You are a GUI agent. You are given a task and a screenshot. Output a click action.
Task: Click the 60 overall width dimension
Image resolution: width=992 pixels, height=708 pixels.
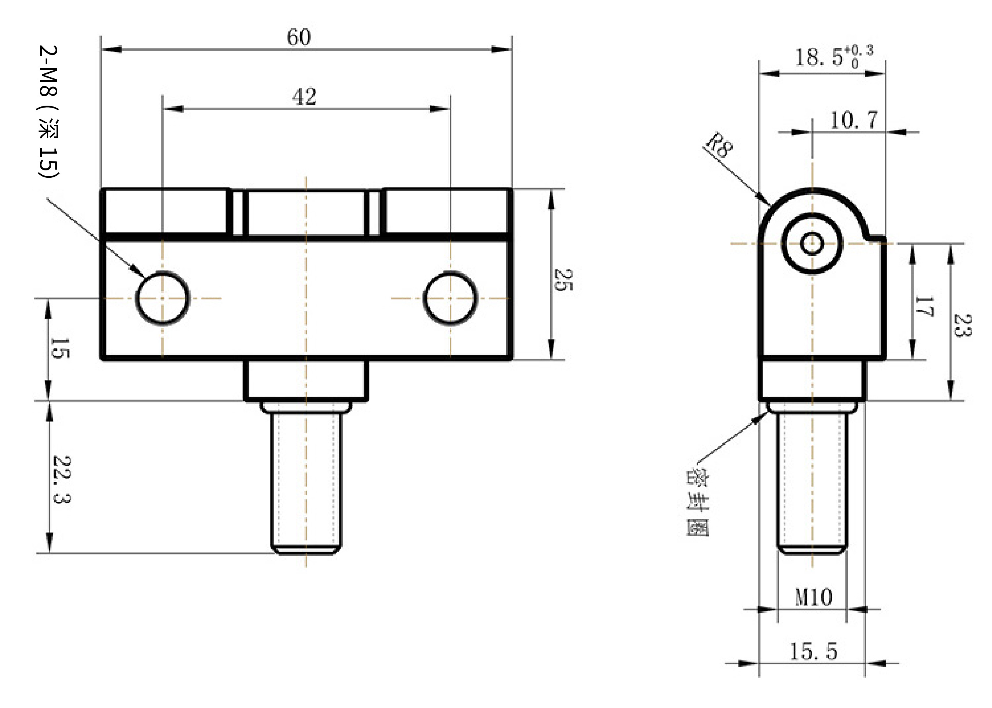click(299, 37)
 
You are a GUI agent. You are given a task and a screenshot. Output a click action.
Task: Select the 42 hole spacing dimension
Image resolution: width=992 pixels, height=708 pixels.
click(304, 96)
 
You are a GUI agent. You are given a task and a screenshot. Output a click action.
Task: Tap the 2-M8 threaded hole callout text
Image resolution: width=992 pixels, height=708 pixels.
click(48, 112)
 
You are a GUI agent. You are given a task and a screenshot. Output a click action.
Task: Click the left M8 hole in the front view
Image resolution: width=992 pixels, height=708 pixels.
click(163, 298)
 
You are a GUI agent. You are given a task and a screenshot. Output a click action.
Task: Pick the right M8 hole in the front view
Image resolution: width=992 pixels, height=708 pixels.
click(450, 298)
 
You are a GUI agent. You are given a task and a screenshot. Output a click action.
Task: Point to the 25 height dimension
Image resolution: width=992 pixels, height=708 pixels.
click(563, 280)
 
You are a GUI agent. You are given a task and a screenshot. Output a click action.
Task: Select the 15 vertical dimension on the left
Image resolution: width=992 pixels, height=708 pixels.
click(60, 348)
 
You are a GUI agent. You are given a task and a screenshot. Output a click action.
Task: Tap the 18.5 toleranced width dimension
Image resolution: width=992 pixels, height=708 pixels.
click(834, 57)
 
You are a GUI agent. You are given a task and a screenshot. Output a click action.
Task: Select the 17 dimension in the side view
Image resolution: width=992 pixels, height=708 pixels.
click(924, 306)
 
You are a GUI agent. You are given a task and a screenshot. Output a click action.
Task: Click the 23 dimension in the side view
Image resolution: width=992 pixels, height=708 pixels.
click(962, 325)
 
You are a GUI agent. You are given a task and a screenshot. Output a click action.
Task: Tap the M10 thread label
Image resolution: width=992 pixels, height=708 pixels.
click(813, 597)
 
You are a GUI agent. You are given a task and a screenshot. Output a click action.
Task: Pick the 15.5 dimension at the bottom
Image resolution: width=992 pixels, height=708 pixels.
click(813, 651)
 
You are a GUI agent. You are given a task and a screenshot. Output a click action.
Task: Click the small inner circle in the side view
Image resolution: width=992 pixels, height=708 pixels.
click(812, 243)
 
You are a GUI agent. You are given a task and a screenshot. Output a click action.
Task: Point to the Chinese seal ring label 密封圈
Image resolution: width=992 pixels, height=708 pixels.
click(697, 502)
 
